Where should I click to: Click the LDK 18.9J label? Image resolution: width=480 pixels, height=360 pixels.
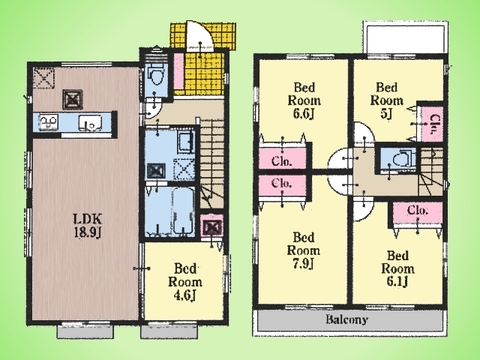(87, 226)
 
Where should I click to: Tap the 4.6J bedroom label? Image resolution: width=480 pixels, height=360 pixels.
(185, 282)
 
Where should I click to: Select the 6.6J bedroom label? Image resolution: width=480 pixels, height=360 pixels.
(304, 100)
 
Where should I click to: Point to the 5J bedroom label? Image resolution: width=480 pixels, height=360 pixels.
(387, 100)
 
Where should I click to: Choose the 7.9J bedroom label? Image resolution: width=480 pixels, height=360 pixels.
(304, 250)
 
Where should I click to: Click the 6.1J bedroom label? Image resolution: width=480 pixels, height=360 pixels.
(398, 269)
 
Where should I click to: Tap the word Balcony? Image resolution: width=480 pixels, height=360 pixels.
(347, 320)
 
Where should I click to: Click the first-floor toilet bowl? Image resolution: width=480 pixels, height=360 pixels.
(156, 76)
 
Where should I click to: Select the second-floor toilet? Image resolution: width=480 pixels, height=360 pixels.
(400, 159)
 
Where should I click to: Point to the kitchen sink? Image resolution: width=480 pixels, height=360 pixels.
(90, 122)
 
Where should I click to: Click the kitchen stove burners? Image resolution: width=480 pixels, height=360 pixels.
(49, 122)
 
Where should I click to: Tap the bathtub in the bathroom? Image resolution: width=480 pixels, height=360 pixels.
(183, 211)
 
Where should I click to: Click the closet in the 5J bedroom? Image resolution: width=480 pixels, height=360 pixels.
(432, 124)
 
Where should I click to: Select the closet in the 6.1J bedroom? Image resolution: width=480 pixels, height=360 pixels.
(417, 213)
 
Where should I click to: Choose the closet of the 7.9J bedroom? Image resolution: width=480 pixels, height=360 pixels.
(282, 185)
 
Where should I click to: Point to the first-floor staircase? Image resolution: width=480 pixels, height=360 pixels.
(212, 163)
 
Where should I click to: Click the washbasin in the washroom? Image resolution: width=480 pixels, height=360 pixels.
(184, 142)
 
